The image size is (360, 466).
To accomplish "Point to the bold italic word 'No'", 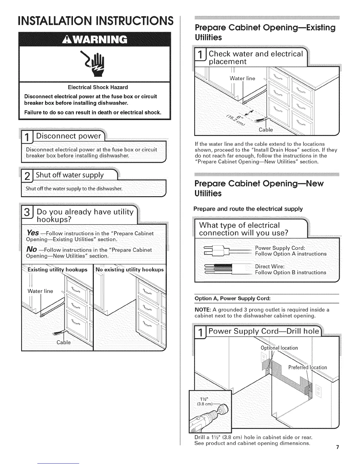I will pyautogui.click(x=31, y=249).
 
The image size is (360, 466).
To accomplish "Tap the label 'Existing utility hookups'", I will pyautogui.click(x=57, y=269).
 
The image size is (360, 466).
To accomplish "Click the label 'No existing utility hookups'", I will pyautogui.click(x=130, y=269).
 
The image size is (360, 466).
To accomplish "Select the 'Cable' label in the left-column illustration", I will pyautogui.click(x=64, y=343).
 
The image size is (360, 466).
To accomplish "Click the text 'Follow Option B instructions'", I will pyautogui.click(x=290, y=272).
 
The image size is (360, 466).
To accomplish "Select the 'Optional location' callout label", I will pyautogui.click(x=279, y=348).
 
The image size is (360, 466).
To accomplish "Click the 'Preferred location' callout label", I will pyautogui.click(x=307, y=367).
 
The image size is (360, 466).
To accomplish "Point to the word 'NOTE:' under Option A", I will pyautogui.click(x=203, y=310).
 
